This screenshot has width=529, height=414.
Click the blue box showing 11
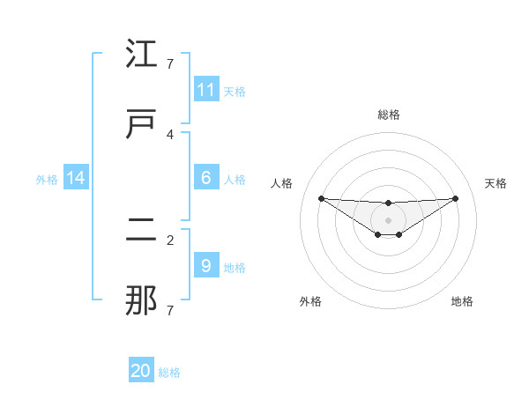pyautogui.click(x=206, y=90)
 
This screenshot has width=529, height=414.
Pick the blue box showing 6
pyautogui.click(x=206, y=178)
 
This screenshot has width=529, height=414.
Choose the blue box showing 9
pyautogui.click(x=206, y=265)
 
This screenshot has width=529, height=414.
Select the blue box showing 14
pyautogui.click(x=76, y=178)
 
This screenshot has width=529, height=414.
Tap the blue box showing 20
pyautogui.click(x=141, y=371)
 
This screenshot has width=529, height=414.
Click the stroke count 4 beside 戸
pyautogui.click(x=171, y=135)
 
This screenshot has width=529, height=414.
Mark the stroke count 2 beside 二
pyautogui.click(x=171, y=240)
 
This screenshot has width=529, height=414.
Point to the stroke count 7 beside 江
pyautogui.click(x=171, y=64)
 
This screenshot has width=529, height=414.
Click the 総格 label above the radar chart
pyautogui.click(x=389, y=115)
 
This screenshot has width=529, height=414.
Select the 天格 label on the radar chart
pyautogui.click(x=495, y=183)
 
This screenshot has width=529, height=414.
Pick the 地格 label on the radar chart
pyautogui.click(x=462, y=301)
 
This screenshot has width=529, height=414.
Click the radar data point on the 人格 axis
pyautogui.click(x=321, y=198)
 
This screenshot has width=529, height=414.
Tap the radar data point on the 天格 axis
pyautogui.click(x=456, y=198)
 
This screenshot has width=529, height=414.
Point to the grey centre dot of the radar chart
pyautogui.click(x=389, y=219)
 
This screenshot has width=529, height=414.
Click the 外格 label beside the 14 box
pyautogui.click(x=47, y=179)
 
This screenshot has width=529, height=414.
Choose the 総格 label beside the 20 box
pyautogui.click(x=169, y=373)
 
